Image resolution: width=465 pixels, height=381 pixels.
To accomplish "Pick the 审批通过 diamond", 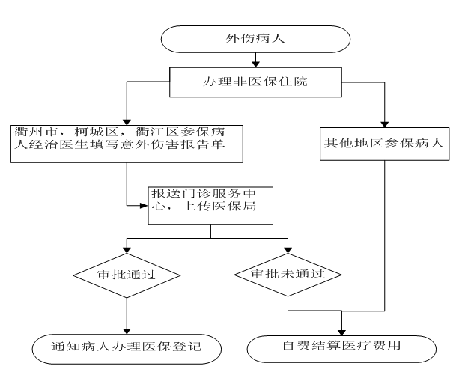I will click(x=126, y=275).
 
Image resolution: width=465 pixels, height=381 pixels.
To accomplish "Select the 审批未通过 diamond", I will click(x=288, y=275).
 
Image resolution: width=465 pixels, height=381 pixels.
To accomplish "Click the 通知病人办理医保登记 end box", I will click(x=124, y=347).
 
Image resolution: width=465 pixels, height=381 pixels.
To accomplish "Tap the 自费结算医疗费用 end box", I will click(x=341, y=347).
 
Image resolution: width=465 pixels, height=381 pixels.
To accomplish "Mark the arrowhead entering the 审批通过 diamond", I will click(x=126, y=252).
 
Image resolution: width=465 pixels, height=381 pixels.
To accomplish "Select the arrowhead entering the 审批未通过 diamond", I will click(x=288, y=252).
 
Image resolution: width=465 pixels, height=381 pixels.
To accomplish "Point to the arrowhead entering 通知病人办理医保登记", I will click(x=126, y=330).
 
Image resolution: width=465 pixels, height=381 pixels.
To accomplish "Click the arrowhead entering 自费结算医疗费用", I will click(x=342, y=330).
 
